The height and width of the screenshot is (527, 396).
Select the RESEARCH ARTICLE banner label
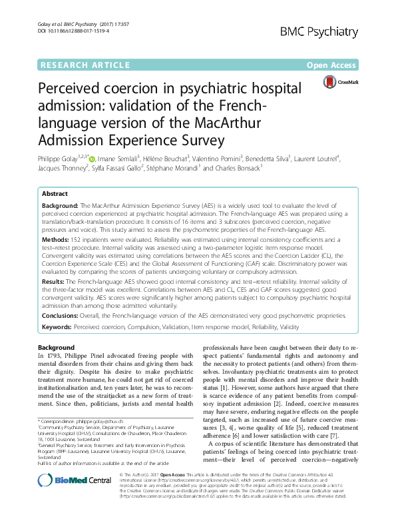pos(85,65)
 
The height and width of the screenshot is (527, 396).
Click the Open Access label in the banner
pos(331,65)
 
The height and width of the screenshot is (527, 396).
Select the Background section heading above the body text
pos(57,348)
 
